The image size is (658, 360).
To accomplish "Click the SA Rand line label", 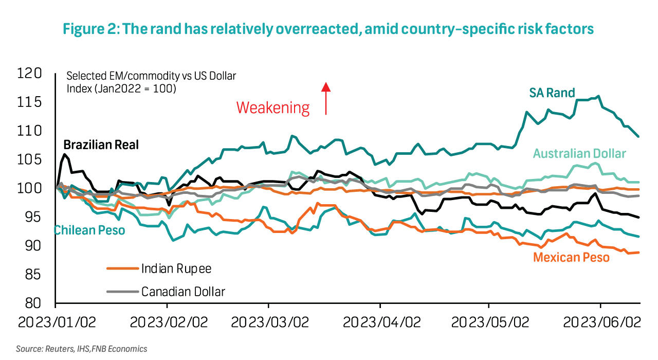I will click(x=552, y=93).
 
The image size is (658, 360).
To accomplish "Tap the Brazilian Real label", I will click(x=101, y=145).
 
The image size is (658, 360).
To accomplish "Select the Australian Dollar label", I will click(x=579, y=153).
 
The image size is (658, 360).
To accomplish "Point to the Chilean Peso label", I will click(x=89, y=230).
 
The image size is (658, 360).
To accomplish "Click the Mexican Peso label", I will click(x=571, y=257).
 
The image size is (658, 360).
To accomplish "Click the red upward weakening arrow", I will click(x=325, y=98).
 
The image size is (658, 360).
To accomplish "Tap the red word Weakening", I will click(x=273, y=108).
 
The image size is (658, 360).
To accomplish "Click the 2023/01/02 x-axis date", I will click(x=57, y=322).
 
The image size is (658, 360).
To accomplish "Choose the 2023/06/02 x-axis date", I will click(x=601, y=322).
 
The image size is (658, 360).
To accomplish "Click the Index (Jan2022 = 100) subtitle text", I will click(x=121, y=88).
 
